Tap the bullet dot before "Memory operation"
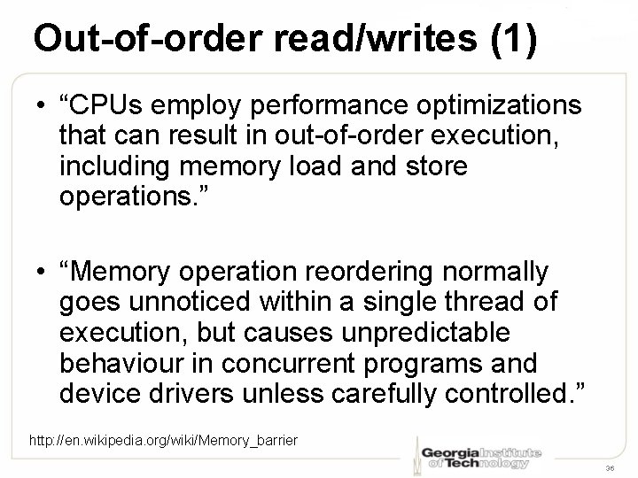tap(41, 271)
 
